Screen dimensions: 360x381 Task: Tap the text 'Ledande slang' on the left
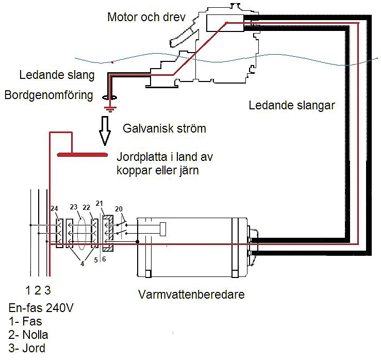57,75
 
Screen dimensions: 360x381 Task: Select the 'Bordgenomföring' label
48,95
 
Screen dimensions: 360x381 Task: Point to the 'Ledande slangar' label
292,106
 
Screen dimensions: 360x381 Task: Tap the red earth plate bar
82,154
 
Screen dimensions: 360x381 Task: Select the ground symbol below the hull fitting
108,108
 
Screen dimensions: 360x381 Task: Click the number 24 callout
55,208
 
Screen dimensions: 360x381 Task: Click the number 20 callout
120,208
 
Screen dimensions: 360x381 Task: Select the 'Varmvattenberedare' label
191,295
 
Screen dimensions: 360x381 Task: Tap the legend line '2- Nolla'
28,335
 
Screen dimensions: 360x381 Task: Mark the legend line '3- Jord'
27,348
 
